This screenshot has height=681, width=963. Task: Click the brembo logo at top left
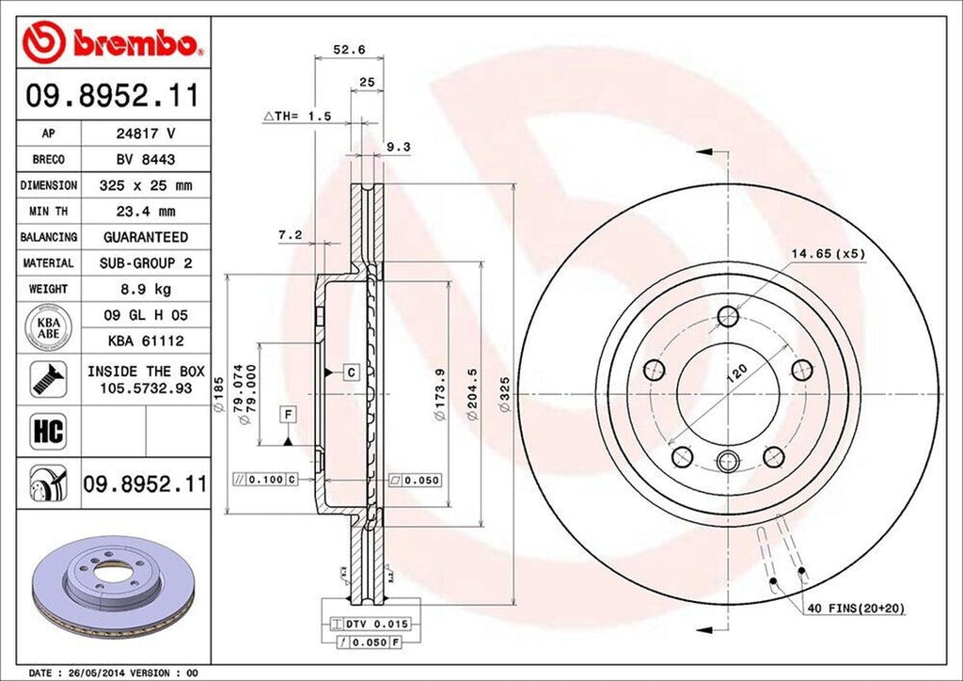[x=113, y=41]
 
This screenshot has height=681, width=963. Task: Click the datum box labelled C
[x=349, y=372]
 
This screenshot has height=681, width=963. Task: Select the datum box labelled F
[x=287, y=413]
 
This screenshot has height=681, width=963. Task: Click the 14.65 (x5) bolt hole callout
[x=827, y=254]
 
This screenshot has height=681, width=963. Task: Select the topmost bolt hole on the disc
[x=727, y=316]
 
